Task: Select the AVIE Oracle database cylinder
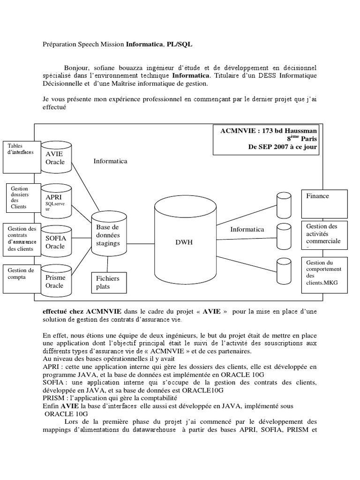(x=55, y=158)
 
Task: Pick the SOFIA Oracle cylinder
(x=55, y=241)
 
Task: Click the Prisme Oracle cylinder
(x=55, y=280)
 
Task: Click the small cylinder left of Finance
(x=283, y=202)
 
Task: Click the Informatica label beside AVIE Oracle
(x=110, y=161)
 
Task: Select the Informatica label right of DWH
(x=247, y=229)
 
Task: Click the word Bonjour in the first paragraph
(x=75, y=67)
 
